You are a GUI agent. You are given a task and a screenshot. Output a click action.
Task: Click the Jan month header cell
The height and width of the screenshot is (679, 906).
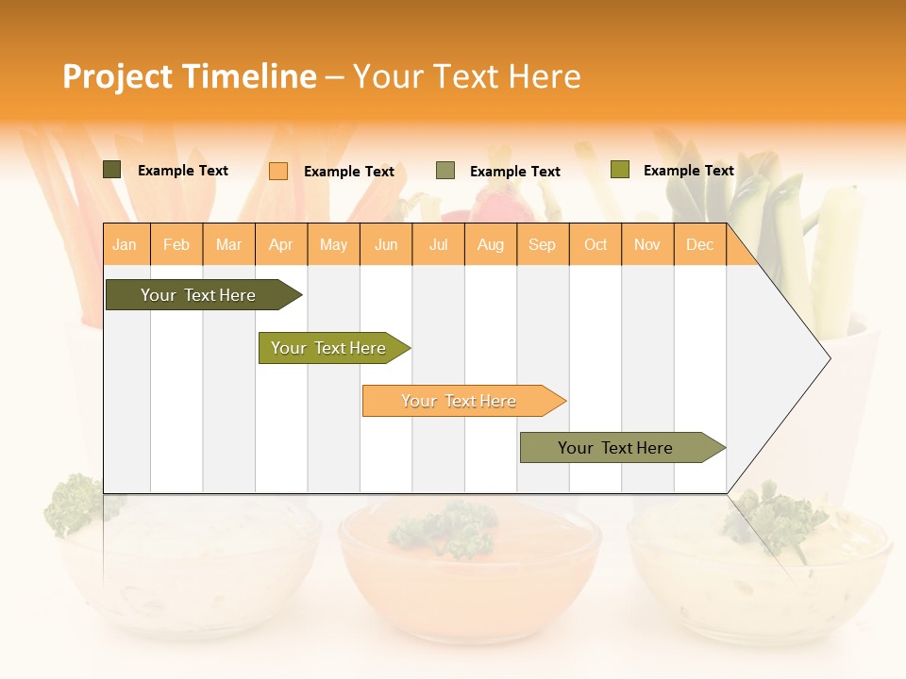click(x=125, y=245)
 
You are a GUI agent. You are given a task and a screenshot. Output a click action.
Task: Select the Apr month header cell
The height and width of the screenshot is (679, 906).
click(x=280, y=245)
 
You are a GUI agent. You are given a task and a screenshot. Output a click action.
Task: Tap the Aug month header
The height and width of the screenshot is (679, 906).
click(x=490, y=245)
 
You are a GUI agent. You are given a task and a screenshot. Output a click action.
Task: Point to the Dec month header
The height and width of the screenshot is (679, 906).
click(x=699, y=245)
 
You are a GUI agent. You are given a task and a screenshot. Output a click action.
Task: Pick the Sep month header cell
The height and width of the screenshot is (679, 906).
click(x=542, y=245)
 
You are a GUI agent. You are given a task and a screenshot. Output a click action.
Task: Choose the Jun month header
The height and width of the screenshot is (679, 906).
click(x=385, y=245)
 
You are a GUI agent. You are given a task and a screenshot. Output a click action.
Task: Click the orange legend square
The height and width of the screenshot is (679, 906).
click(x=278, y=171)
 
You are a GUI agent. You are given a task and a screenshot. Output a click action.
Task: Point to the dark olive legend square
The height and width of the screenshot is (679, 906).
click(x=112, y=170)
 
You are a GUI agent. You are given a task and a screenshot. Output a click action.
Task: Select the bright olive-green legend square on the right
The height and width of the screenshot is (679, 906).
click(x=620, y=170)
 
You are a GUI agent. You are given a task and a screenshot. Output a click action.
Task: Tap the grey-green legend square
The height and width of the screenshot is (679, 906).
click(x=445, y=171)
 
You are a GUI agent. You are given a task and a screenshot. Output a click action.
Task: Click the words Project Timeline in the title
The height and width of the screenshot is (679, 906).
click(x=189, y=76)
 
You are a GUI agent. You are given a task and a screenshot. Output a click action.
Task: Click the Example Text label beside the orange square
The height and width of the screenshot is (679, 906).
click(x=349, y=172)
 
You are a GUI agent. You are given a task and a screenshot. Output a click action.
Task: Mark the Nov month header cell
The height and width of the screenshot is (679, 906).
click(x=647, y=245)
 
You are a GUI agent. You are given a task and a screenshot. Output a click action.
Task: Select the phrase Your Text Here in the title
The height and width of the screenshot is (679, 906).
click(x=467, y=76)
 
